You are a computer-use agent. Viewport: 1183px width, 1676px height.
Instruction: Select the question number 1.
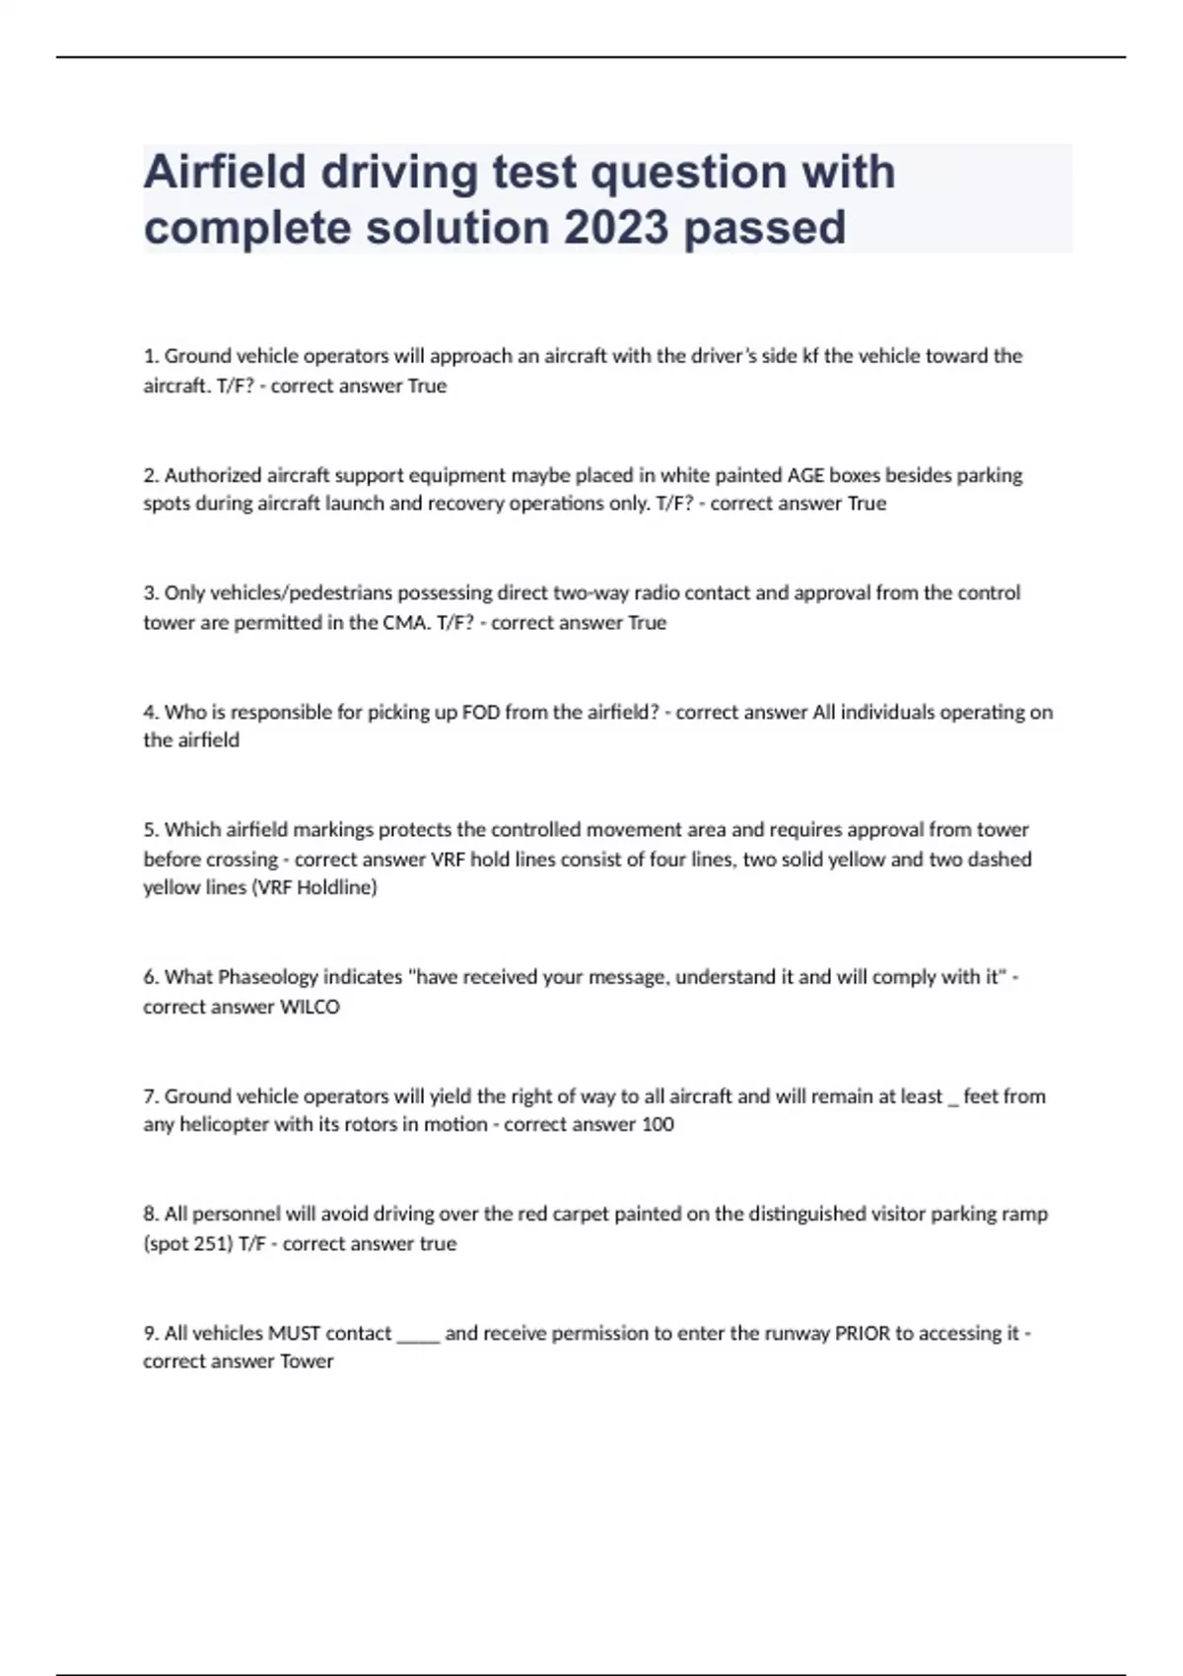[x=151, y=356]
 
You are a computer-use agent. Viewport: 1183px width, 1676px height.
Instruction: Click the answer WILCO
[x=310, y=1007]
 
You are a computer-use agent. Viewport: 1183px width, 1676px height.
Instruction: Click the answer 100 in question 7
[x=658, y=1125]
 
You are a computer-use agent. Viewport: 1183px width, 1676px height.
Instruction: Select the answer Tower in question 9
[x=307, y=1362]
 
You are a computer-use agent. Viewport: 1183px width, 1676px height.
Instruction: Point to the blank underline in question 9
[x=418, y=1337]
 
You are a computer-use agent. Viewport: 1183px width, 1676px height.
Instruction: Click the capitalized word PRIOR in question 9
[x=862, y=1333]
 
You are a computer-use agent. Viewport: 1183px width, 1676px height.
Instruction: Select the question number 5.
[x=151, y=830]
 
